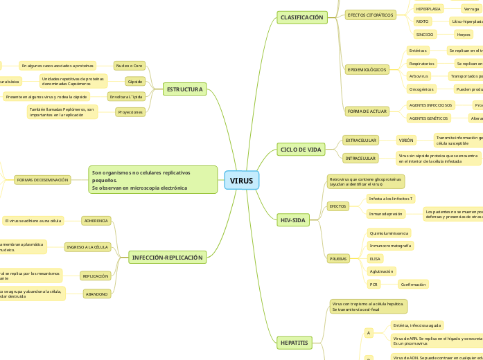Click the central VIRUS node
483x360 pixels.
pos(242,181)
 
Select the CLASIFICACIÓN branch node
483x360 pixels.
pos(301,17)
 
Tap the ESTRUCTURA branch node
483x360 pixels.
pos(186,89)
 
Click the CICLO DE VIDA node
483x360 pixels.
pos(301,150)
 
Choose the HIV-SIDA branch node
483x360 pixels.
pos(293,220)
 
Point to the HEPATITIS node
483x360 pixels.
pos(294,343)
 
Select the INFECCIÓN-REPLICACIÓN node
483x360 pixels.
pos(167,258)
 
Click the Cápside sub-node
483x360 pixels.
pos(135,82)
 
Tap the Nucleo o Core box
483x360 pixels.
pos(130,66)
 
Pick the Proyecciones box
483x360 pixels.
pos(130,111)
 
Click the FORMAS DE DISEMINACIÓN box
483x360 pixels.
pos(43,180)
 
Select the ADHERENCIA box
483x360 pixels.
pos(96,221)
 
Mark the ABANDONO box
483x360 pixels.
pos(96,294)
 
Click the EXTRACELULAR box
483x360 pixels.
pos(360,140)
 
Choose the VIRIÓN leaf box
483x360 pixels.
pos(406,140)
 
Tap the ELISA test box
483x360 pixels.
pos(375,258)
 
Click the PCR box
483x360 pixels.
pos(374,285)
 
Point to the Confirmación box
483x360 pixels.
pos(414,285)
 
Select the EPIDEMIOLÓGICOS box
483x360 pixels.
pos(367,69)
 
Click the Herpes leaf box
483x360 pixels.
pos(464,34)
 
